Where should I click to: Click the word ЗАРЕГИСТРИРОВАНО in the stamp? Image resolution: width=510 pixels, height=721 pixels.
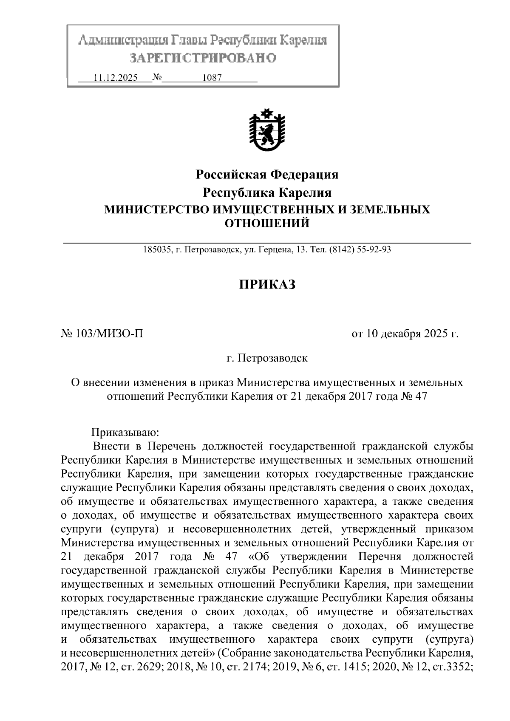pyautogui.click(x=203, y=57)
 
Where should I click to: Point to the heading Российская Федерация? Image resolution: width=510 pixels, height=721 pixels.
pyautogui.click(x=267, y=174)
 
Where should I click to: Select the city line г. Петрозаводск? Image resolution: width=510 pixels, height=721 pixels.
pyautogui.click(x=267, y=358)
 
